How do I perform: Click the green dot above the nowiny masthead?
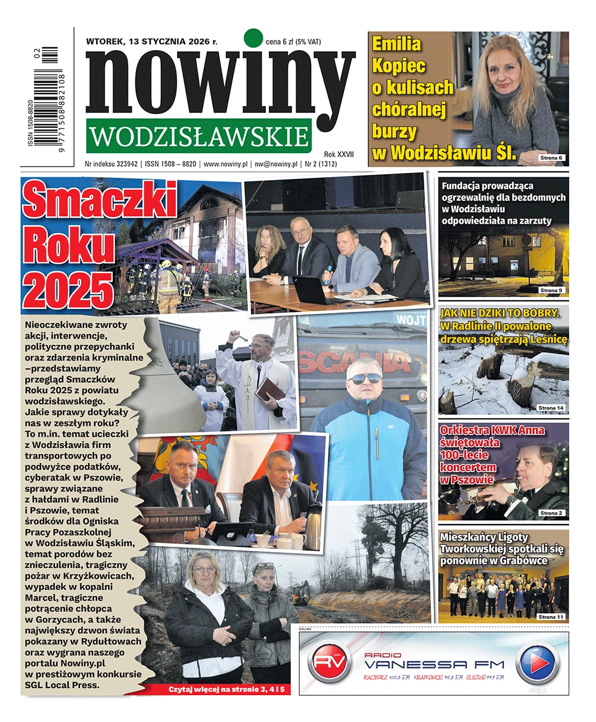click(253, 38)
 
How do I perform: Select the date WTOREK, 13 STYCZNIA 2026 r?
click(152, 42)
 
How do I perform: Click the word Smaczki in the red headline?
click(100, 202)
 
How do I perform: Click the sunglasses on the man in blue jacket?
click(364, 378)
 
